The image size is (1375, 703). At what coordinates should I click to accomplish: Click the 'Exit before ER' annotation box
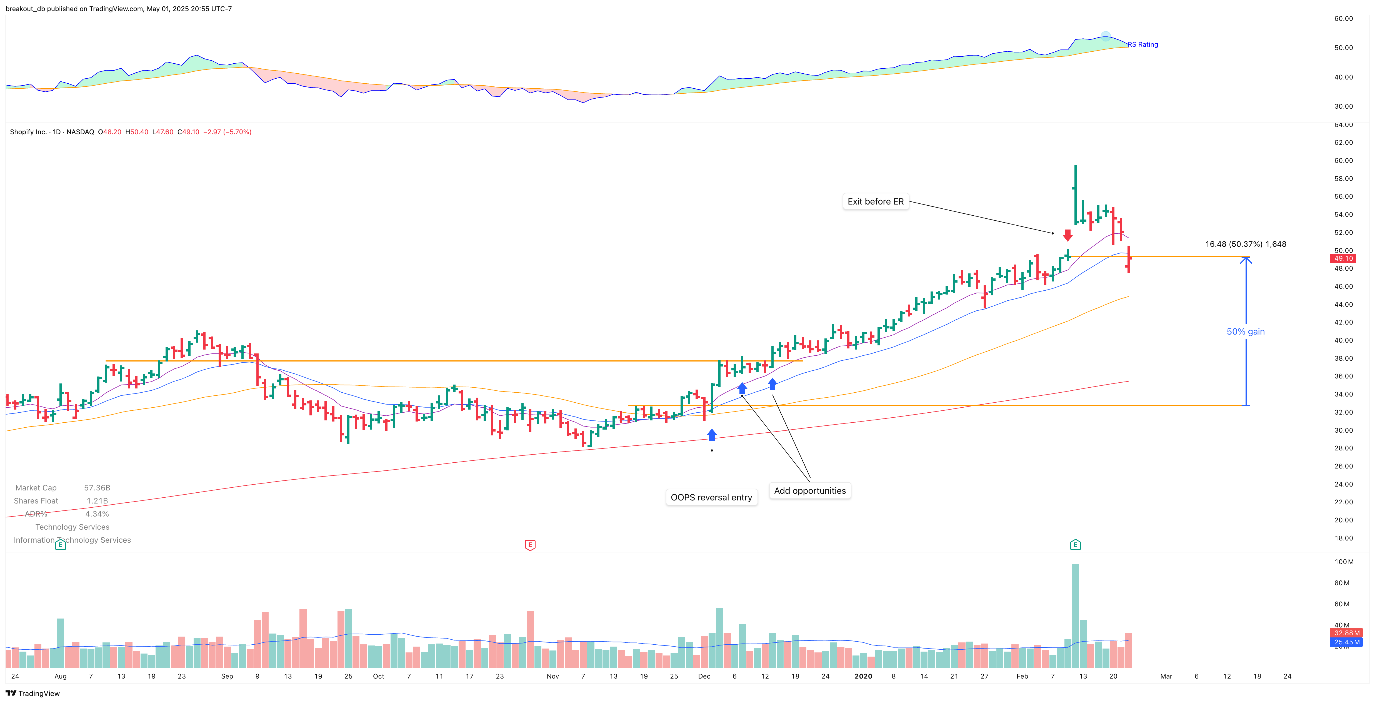pyautogui.click(x=875, y=201)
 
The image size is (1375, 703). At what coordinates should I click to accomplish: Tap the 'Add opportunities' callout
pyautogui.click(x=810, y=490)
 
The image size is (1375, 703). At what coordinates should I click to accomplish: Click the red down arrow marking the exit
pyautogui.click(x=1067, y=235)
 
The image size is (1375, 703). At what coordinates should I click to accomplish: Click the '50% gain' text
pyautogui.click(x=1245, y=331)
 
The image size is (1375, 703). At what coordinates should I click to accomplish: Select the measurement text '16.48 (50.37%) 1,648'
pyautogui.click(x=1245, y=244)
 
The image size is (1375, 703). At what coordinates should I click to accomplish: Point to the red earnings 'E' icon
pyautogui.click(x=530, y=545)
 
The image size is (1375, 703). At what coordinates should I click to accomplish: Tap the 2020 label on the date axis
pyautogui.click(x=863, y=676)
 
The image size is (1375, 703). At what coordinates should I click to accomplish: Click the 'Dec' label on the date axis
pyautogui.click(x=704, y=676)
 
